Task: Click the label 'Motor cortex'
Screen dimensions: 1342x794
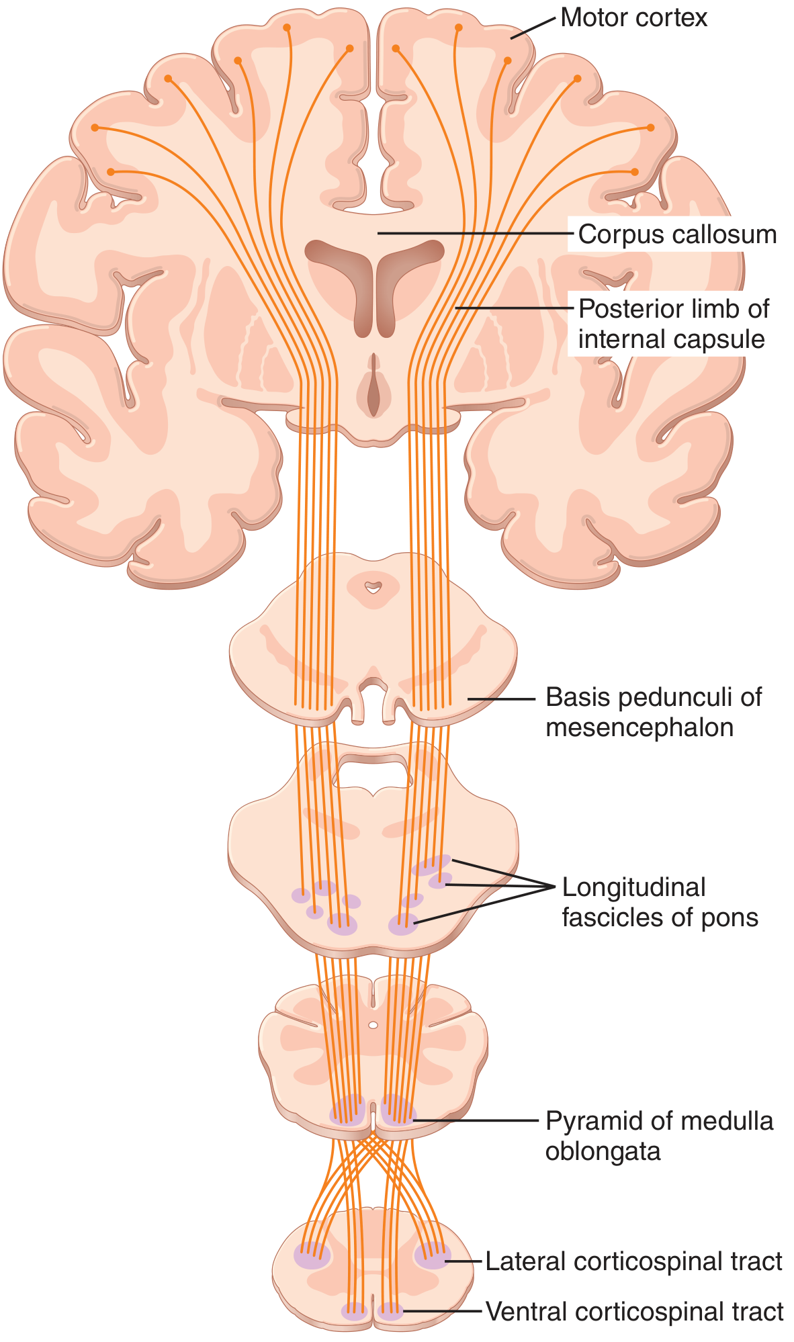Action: pos(633,18)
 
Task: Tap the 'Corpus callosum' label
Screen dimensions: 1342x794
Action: pos(677,234)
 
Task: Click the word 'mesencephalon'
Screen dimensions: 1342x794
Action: pos(639,727)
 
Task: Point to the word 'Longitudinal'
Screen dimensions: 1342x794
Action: pos(633,887)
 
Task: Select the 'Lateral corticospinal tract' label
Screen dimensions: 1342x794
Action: pos(633,1261)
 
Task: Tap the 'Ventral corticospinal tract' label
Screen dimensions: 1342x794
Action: pos(634,1310)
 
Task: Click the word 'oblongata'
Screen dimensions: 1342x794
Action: pos(603,1151)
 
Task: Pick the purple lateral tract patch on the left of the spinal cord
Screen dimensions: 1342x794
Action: pos(312,1255)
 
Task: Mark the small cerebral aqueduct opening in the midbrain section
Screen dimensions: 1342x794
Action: pos(372,588)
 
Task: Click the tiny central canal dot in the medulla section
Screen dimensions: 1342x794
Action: pos(373,1026)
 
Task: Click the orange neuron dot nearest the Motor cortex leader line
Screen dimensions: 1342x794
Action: pos(508,60)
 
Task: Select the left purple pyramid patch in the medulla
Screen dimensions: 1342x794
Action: pos(347,1112)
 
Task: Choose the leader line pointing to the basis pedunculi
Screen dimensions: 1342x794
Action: pos(501,699)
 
